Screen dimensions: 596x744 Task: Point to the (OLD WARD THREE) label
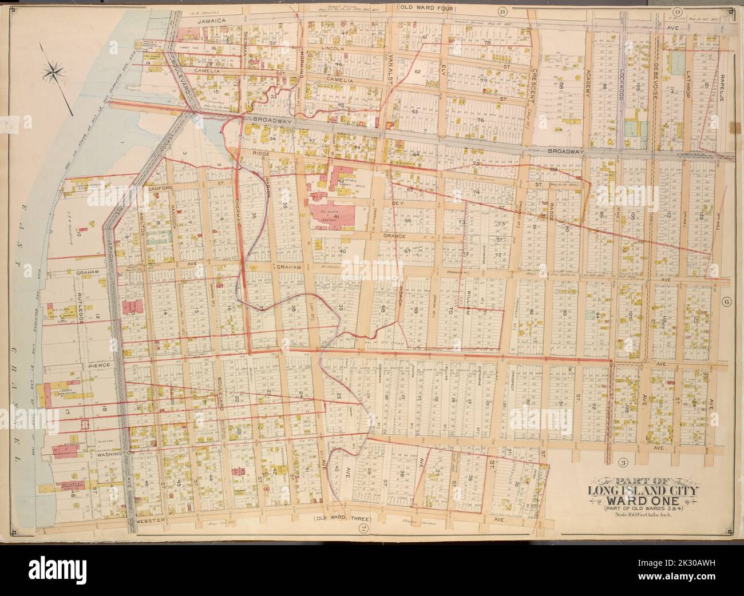point(341,519)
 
